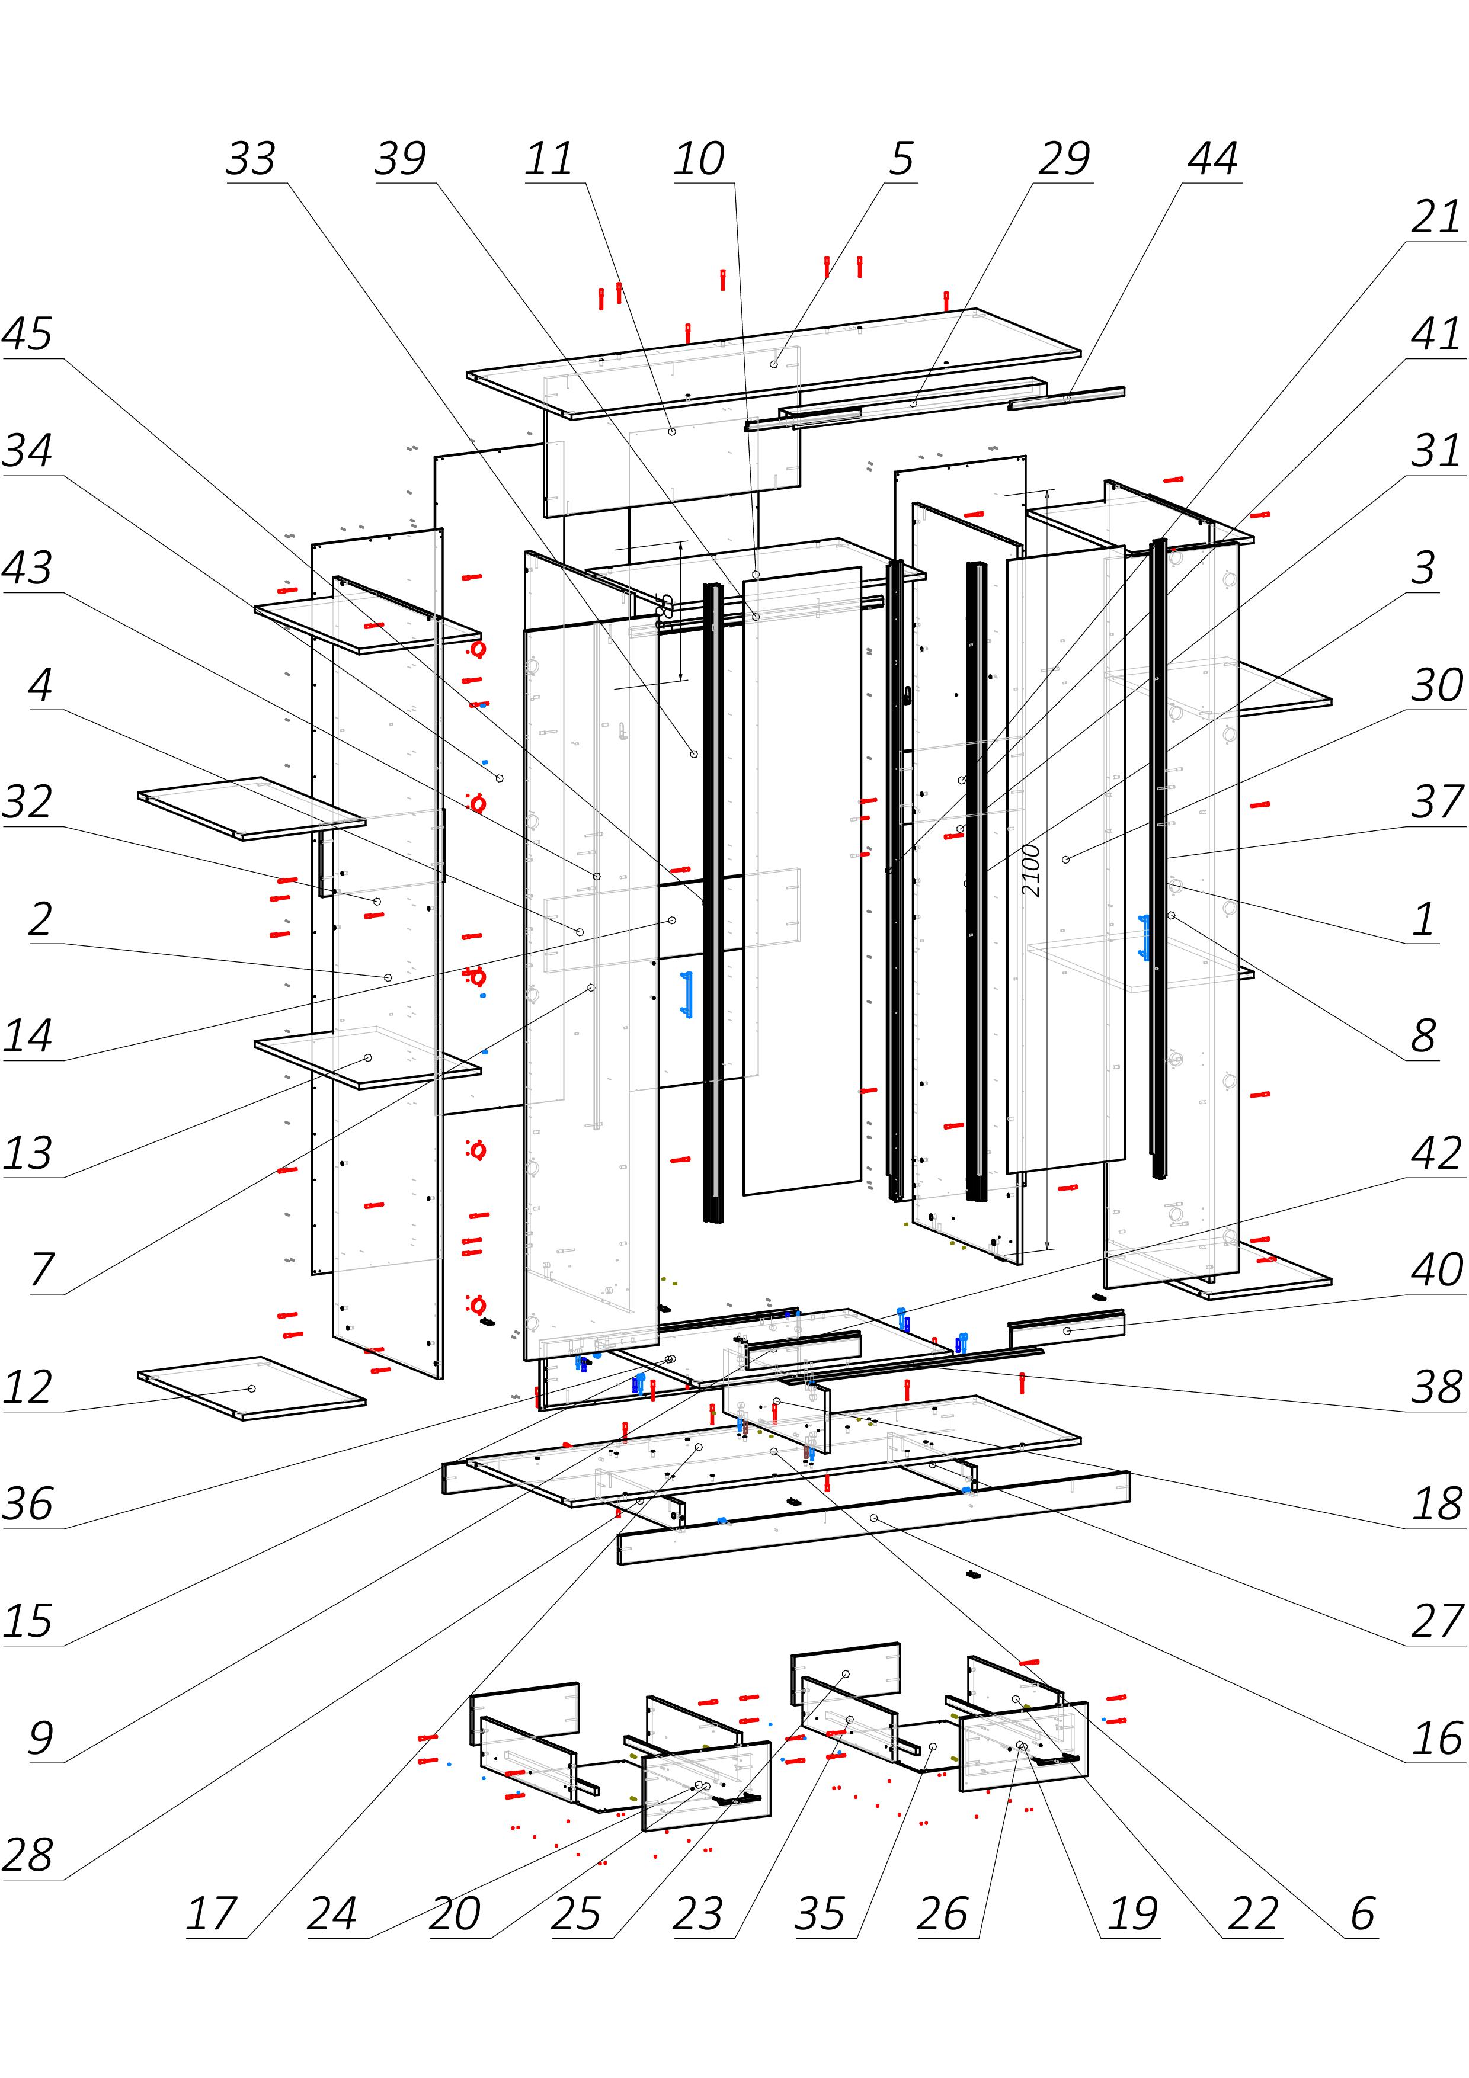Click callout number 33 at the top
250,159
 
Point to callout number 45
27,334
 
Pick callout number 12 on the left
27,1387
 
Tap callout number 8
1424,1036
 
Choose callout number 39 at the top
399,159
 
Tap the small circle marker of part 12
252,1388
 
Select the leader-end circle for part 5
774,364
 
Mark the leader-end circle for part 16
873,1518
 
